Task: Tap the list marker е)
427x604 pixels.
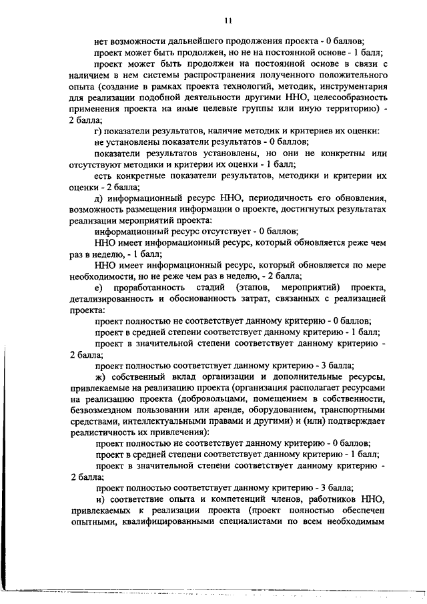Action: click(100, 287)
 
